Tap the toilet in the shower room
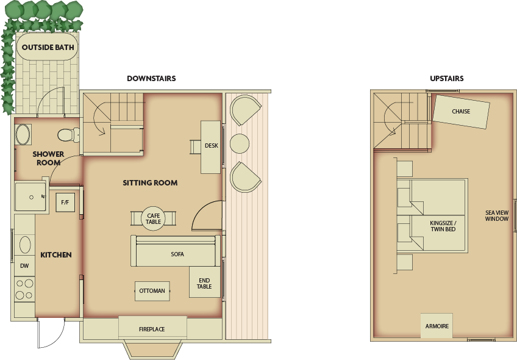click(66, 134)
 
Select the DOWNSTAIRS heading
click(151, 79)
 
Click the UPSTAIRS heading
click(446, 79)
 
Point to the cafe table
click(153, 218)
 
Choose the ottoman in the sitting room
click(152, 291)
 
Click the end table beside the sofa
click(204, 283)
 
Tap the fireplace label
click(152, 329)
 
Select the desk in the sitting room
click(211, 146)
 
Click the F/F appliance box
click(65, 201)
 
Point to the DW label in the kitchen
click(24, 266)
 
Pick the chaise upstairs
click(461, 112)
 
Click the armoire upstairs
click(437, 326)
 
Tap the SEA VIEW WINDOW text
click(496, 215)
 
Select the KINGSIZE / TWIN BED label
click(443, 226)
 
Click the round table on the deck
click(240, 144)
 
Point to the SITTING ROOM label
click(150, 183)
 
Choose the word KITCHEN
click(56, 255)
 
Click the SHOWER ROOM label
click(48, 159)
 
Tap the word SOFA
click(177, 254)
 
